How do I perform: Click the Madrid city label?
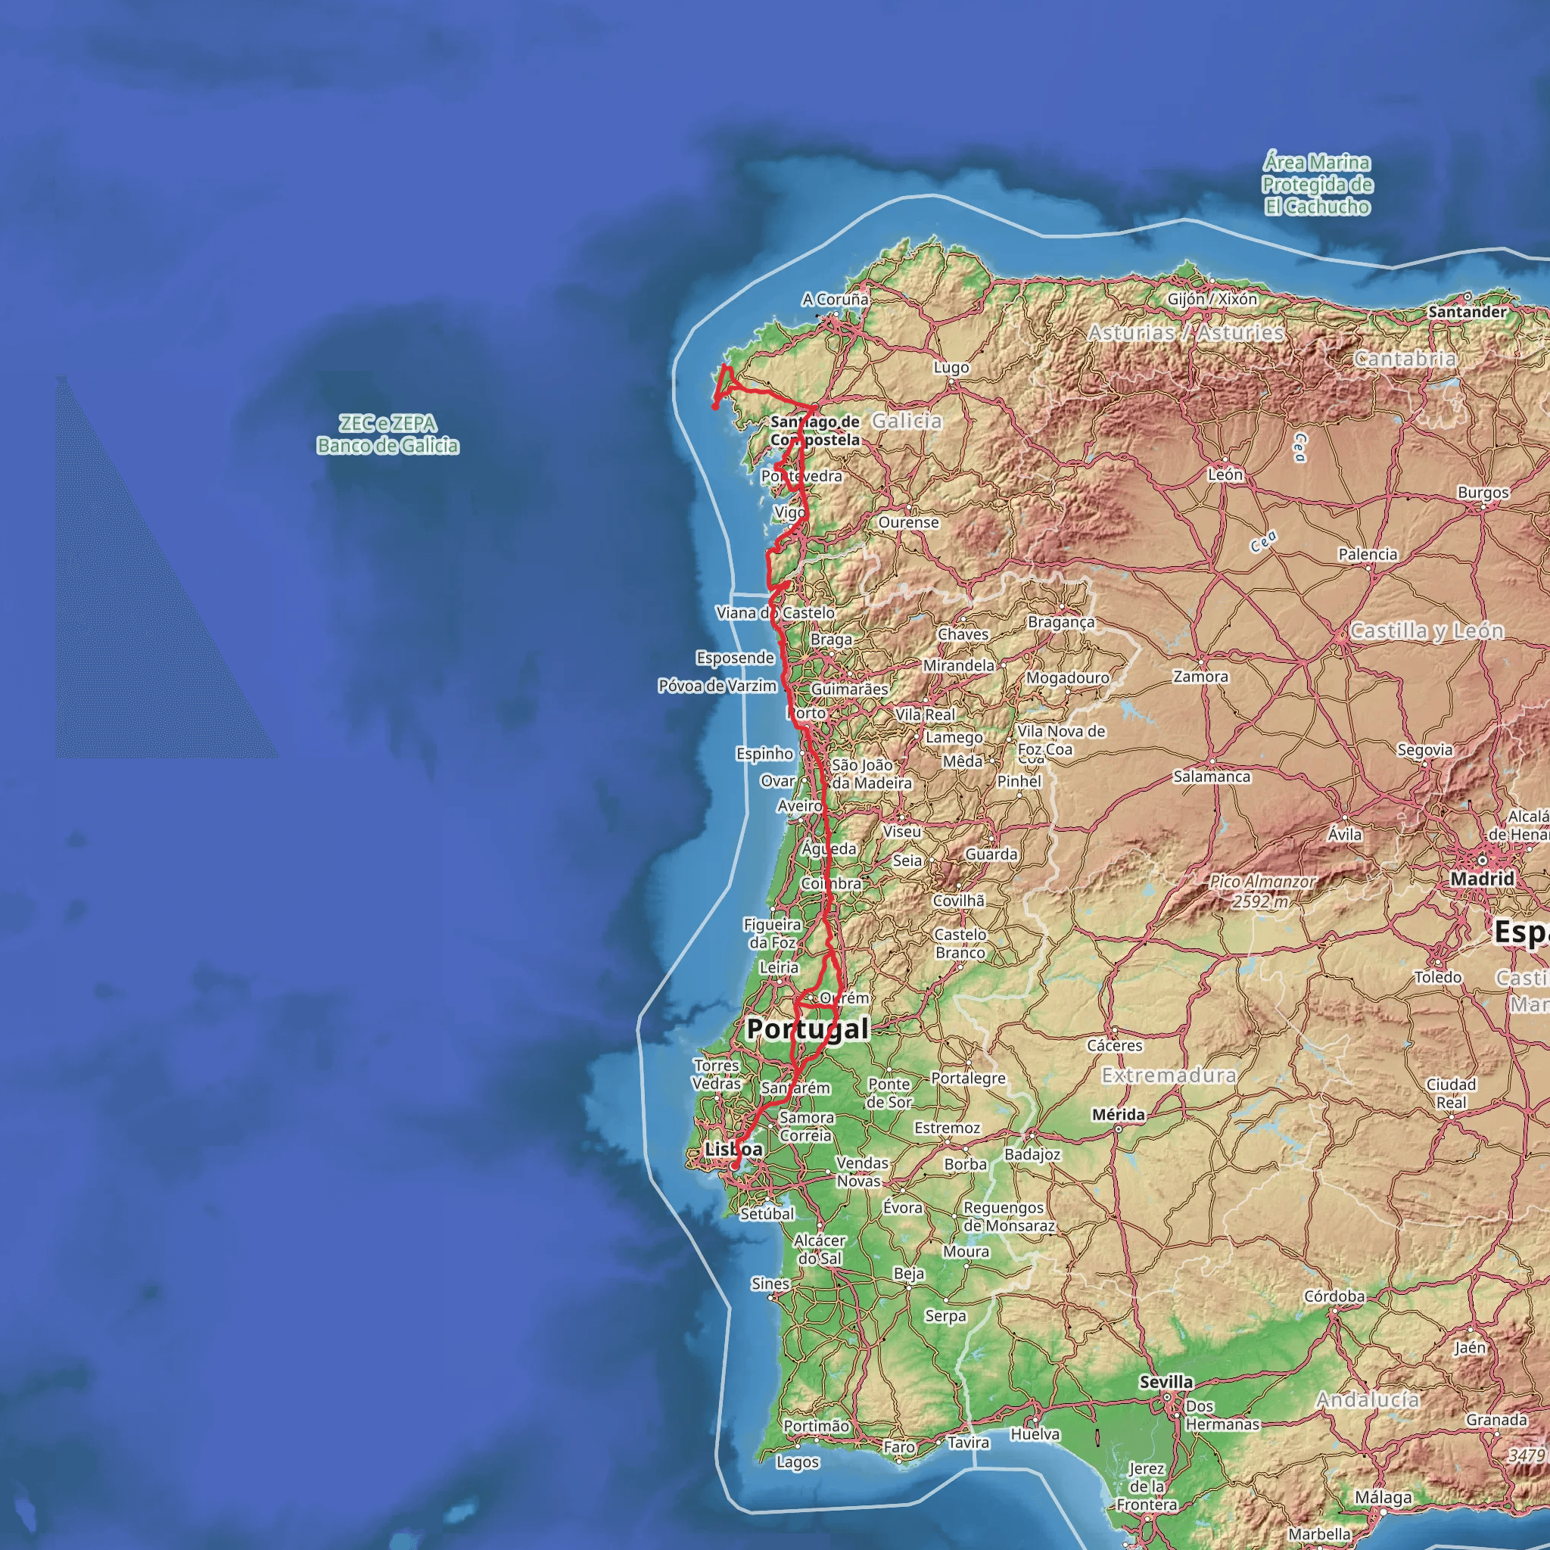tap(1482, 879)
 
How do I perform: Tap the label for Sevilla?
tap(1166, 1381)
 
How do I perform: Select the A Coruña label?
tap(836, 299)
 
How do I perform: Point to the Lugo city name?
tap(951, 367)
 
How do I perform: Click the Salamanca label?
tap(1212, 777)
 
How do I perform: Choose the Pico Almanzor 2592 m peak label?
tap(1262, 892)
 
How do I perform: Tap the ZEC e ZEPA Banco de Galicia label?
tap(387, 434)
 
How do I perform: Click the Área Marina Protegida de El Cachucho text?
tap(1318, 185)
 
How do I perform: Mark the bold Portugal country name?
tap(808, 1029)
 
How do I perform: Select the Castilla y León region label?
tap(1427, 630)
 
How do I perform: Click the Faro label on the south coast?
tap(898, 1446)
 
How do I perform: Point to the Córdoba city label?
tap(1334, 1296)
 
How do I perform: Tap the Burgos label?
tap(1483, 493)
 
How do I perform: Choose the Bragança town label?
tap(1060, 622)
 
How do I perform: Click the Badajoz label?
tap(1032, 1153)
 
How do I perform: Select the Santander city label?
tap(1468, 311)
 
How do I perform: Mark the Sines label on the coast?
tap(770, 1284)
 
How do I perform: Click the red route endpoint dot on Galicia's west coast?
tap(714, 406)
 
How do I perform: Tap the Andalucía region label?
tap(1368, 1400)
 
